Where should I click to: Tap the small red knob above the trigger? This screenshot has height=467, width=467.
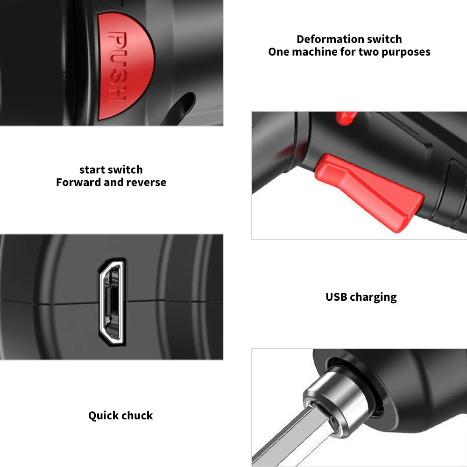pos(346,118)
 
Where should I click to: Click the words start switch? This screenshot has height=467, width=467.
pos(111,170)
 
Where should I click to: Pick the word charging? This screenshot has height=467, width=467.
pos(373,297)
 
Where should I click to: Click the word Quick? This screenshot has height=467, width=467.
pos(103,415)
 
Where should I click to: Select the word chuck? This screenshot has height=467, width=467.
pos(138,415)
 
